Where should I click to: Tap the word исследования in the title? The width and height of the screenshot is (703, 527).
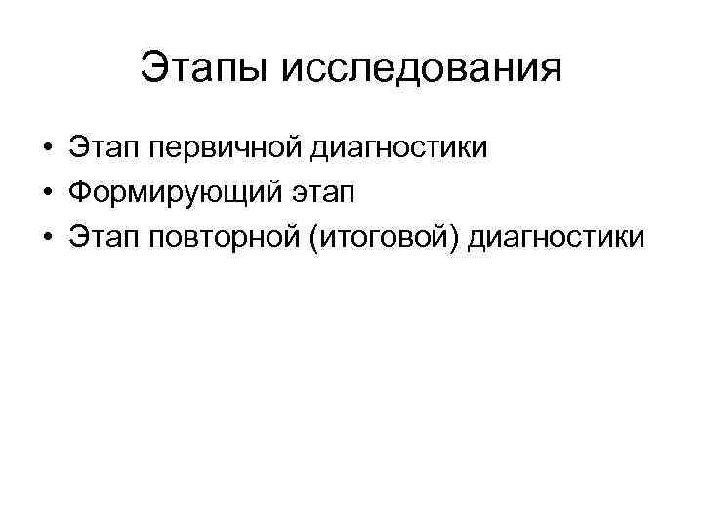(x=422, y=69)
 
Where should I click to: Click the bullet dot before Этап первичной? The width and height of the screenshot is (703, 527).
(x=47, y=150)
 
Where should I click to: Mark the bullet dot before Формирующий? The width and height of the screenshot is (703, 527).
(x=47, y=193)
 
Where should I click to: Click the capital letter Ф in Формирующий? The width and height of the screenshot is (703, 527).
(x=79, y=192)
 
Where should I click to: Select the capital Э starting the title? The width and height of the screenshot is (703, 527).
(x=152, y=69)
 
